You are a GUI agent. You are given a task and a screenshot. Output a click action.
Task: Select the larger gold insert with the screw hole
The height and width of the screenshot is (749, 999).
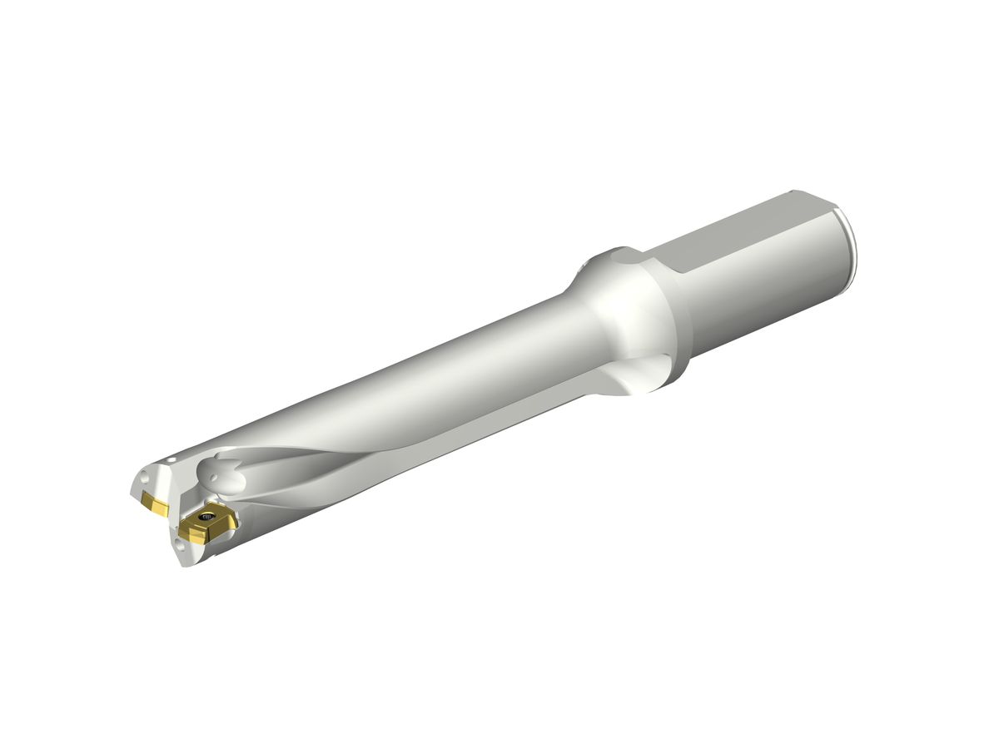pyautogui.click(x=208, y=524)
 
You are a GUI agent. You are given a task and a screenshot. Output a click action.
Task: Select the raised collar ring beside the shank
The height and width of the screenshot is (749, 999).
pyautogui.click(x=666, y=316)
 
